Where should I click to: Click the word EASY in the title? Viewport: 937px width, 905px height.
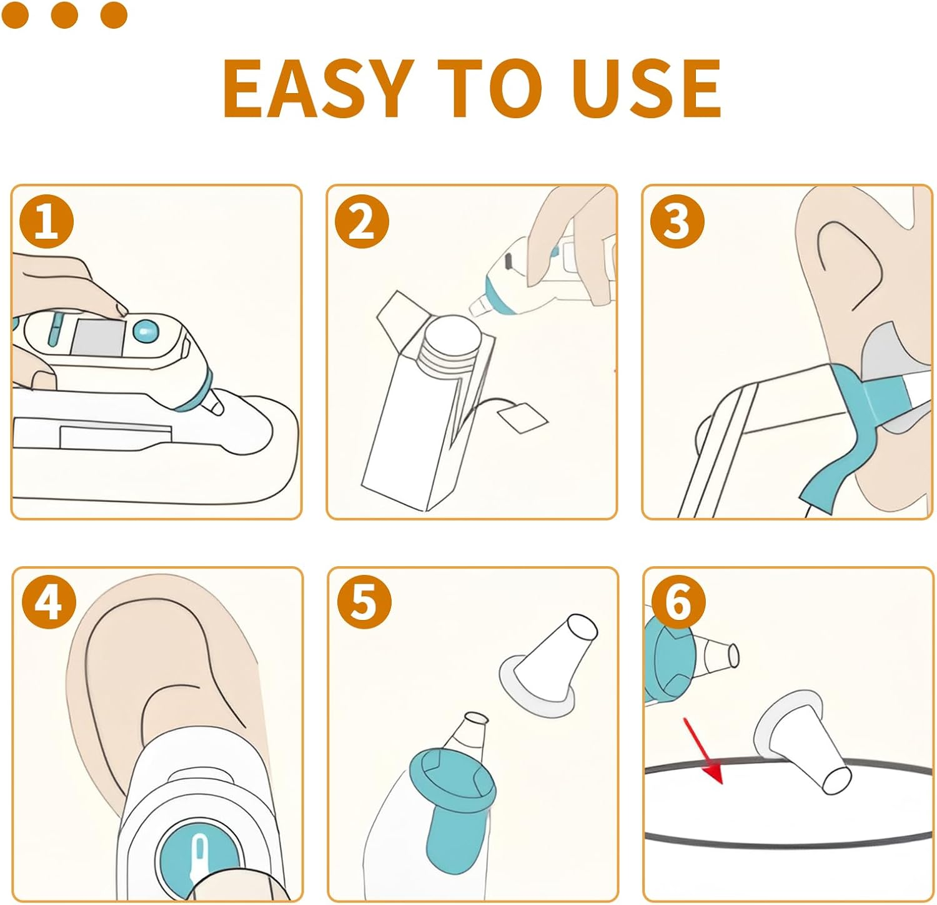[318, 88]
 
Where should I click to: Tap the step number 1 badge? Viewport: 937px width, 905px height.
[46, 222]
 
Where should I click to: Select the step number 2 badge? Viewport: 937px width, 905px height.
[362, 222]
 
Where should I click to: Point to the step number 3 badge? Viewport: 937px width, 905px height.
[677, 222]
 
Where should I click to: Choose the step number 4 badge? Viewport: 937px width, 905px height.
[49, 603]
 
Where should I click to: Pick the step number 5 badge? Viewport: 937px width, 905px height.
[364, 603]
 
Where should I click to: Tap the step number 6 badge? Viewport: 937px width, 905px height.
[678, 603]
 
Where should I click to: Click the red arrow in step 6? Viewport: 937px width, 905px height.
[703, 751]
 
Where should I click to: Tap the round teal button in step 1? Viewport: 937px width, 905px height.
[146, 330]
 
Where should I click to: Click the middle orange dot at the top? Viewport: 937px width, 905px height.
[64, 15]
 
